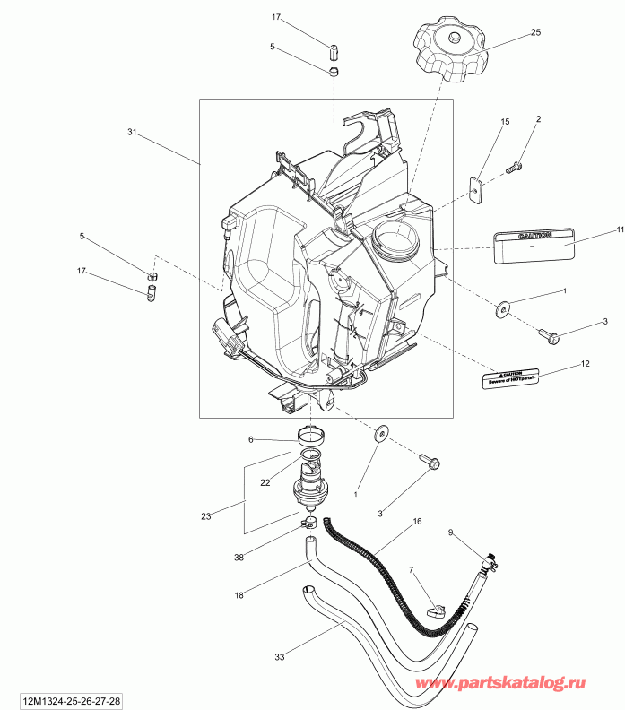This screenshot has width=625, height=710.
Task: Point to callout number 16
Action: click(x=417, y=521)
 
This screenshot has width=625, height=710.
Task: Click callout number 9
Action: click(x=451, y=533)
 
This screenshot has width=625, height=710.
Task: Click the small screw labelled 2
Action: click(x=516, y=167)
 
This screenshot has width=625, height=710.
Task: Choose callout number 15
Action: click(x=505, y=121)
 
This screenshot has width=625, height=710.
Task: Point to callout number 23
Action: click(x=206, y=515)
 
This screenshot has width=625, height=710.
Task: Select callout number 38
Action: click(x=239, y=556)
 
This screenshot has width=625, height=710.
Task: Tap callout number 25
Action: click(x=535, y=32)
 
